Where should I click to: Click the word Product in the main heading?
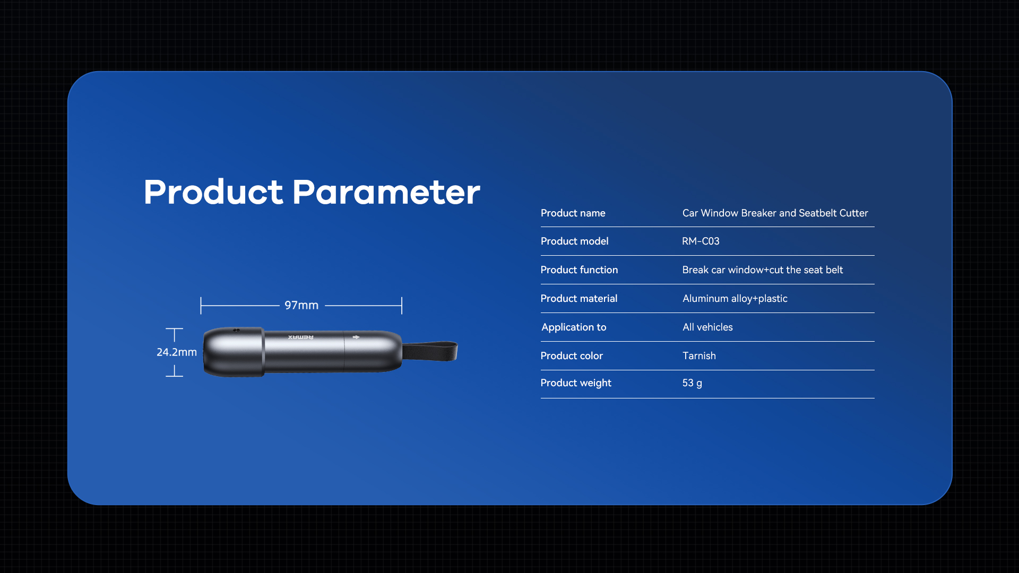(x=213, y=192)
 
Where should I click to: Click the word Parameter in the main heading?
(x=386, y=192)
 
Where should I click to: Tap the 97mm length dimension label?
(x=301, y=305)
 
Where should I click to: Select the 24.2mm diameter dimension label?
(x=177, y=352)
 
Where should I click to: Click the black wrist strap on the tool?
(x=430, y=351)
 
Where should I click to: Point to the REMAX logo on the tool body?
(x=301, y=337)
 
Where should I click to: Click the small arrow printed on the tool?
(x=356, y=337)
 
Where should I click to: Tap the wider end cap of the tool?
(x=234, y=352)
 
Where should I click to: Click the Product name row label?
(x=573, y=213)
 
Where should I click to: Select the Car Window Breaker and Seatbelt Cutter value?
(x=775, y=213)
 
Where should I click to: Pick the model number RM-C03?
(x=701, y=241)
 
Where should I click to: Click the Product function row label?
(x=579, y=270)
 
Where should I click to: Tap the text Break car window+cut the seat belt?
(x=762, y=270)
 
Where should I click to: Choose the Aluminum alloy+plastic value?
(x=735, y=298)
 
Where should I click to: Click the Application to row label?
(x=574, y=327)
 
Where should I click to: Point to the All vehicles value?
(x=707, y=327)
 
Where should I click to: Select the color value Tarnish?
(x=699, y=355)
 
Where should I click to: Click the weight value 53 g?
(x=692, y=383)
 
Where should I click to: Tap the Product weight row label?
(x=576, y=383)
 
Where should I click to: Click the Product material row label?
(x=578, y=298)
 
